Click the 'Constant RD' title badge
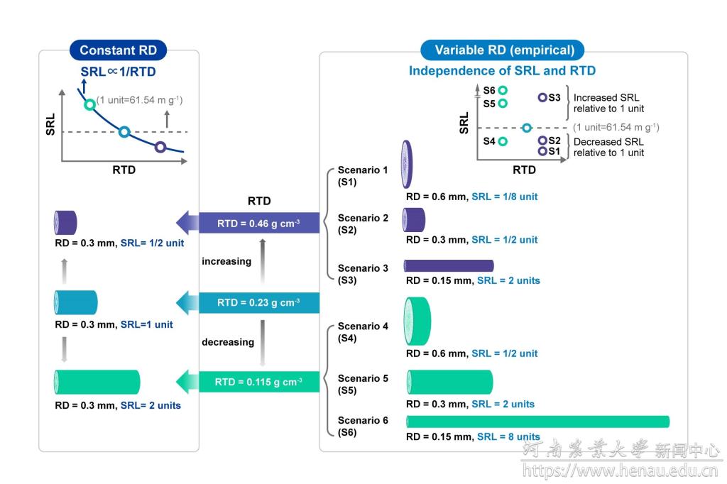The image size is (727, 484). pyautogui.click(x=118, y=50)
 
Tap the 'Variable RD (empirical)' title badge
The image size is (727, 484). pyautogui.click(x=503, y=50)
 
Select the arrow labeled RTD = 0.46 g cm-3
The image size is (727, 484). pyautogui.click(x=248, y=223)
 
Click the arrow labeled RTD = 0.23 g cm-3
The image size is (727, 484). pyautogui.click(x=248, y=302)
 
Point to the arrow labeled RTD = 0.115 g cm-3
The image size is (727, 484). pyautogui.click(x=248, y=382)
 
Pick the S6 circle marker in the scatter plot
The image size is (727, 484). pyautogui.click(x=503, y=90)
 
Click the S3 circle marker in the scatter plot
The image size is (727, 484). pyautogui.click(x=542, y=97)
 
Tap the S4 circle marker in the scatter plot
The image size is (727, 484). pyautogui.click(x=503, y=141)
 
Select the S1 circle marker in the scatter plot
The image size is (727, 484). pyautogui.click(x=542, y=151)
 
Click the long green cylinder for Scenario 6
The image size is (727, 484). pyautogui.click(x=537, y=422)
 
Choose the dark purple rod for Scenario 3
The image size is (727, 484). pyautogui.click(x=449, y=265)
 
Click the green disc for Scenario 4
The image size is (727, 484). pyautogui.click(x=417, y=321)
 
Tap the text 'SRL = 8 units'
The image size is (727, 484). pyautogui.click(x=508, y=437)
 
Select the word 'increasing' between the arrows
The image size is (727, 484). pyautogui.click(x=226, y=261)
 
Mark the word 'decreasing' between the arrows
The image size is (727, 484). pyautogui.click(x=228, y=342)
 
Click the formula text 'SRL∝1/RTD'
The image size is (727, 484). pyautogui.click(x=118, y=72)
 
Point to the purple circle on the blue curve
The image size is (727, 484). pyautogui.click(x=160, y=147)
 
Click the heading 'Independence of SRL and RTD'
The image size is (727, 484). pyautogui.click(x=502, y=71)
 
